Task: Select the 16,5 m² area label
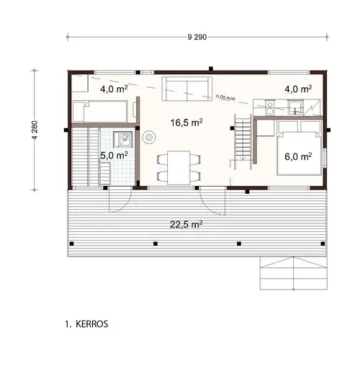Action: tap(186, 122)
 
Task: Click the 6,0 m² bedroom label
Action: tap(297, 156)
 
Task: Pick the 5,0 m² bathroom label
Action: tap(114, 155)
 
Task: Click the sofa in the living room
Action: tap(186, 88)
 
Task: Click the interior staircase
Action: tap(243, 140)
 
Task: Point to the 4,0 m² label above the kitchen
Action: tap(298, 89)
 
